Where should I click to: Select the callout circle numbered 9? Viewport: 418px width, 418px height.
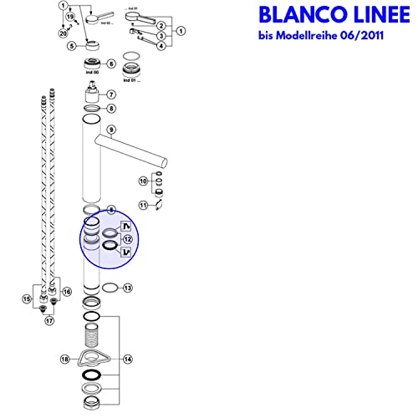111,130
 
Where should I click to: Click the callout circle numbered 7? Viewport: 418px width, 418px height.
111,94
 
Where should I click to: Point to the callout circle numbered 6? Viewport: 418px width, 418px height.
111,64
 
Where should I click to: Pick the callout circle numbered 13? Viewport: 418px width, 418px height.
127,288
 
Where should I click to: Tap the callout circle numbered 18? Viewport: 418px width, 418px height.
64,359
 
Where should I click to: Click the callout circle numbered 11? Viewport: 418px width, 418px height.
143,203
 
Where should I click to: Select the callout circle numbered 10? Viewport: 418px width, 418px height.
143,181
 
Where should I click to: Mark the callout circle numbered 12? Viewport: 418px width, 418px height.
127,238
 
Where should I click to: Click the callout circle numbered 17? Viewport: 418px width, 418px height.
49,319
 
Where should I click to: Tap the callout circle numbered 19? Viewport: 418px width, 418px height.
69,16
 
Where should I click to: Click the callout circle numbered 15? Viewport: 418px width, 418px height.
27,298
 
